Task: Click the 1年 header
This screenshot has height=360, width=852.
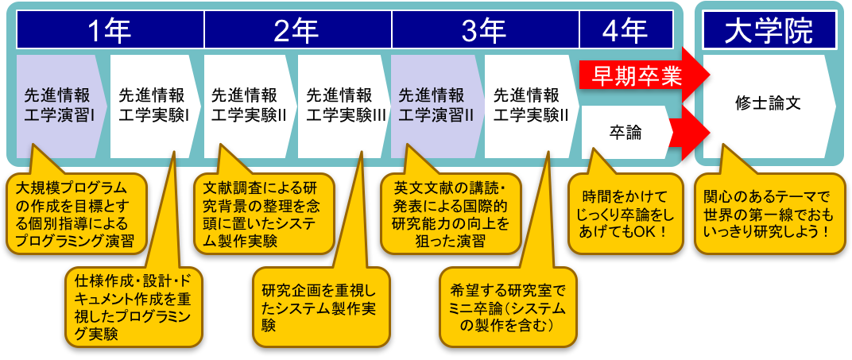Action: (110, 32)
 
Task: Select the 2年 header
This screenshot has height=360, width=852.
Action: (298, 32)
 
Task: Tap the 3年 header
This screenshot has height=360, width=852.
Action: (486, 32)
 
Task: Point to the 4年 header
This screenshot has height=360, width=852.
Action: (625, 32)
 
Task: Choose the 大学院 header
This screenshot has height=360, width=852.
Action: (769, 32)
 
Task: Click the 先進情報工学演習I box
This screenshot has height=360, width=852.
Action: (59, 106)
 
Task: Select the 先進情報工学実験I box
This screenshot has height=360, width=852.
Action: (153, 106)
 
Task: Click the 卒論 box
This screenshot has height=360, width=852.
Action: (625, 133)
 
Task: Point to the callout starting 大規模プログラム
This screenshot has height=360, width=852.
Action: (76, 212)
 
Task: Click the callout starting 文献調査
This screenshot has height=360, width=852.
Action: (265, 212)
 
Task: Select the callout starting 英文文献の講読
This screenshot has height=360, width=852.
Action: (450, 212)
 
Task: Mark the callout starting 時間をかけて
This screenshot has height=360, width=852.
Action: (625, 212)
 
